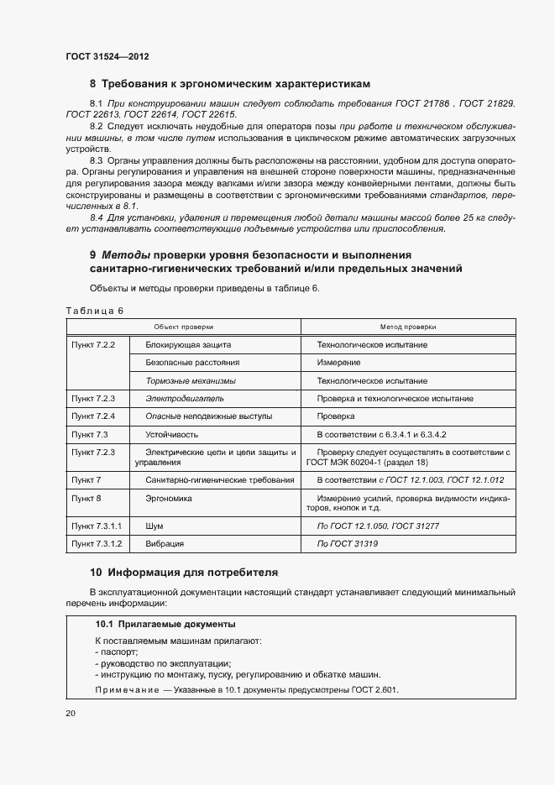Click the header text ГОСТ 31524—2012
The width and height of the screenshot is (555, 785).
(107, 56)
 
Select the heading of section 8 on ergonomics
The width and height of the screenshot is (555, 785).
(230, 84)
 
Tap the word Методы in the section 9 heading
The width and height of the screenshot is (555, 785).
(127, 254)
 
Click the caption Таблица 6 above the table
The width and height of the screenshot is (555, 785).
(94, 311)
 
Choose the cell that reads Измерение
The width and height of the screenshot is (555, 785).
(339, 363)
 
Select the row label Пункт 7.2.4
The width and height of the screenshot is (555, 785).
(93, 416)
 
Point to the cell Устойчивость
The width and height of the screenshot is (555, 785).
(172, 434)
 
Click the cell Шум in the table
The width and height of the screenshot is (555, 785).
(154, 526)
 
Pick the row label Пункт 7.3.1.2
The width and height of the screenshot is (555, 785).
(97, 544)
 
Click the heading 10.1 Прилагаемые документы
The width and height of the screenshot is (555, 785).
(165, 625)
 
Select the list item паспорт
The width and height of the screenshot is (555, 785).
(118, 652)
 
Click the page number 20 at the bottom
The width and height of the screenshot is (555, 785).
(71, 713)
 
